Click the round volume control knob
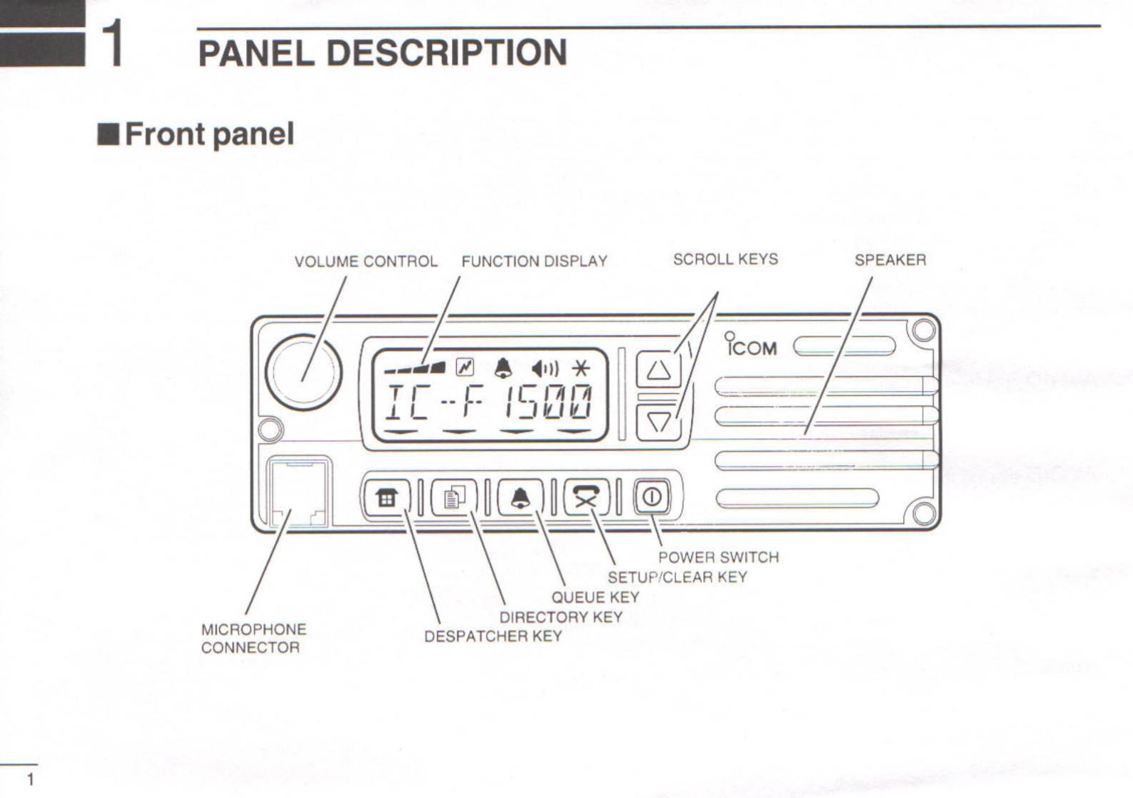[304, 372]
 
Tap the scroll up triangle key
[658, 371]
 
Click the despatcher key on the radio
[386, 498]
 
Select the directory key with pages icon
[454, 497]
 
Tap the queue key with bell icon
[520, 497]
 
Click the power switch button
[651, 496]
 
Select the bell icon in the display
[503, 368]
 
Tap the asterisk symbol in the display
[581, 368]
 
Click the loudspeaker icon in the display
[544, 368]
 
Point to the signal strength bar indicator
[416, 368]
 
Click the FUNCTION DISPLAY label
[534, 262]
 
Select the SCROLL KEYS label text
[725, 260]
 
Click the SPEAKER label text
[890, 260]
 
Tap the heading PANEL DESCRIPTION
[382, 53]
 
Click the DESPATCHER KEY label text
[492, 637]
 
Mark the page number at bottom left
[30, 780]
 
